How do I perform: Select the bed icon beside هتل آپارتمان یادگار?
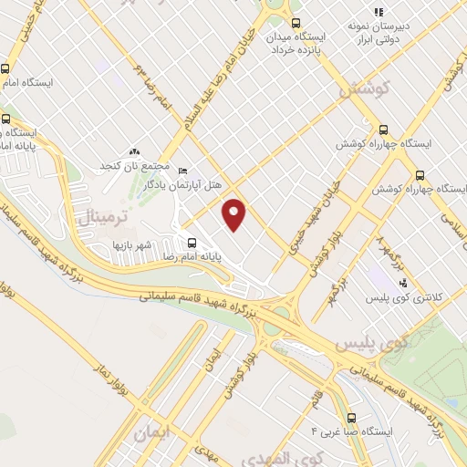point(182,171)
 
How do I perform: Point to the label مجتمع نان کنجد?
point(137,167)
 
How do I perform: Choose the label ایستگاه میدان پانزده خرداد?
point(295,42)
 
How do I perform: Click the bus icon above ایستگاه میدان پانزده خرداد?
point(294,24)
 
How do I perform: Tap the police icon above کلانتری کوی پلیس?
point(403,283)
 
